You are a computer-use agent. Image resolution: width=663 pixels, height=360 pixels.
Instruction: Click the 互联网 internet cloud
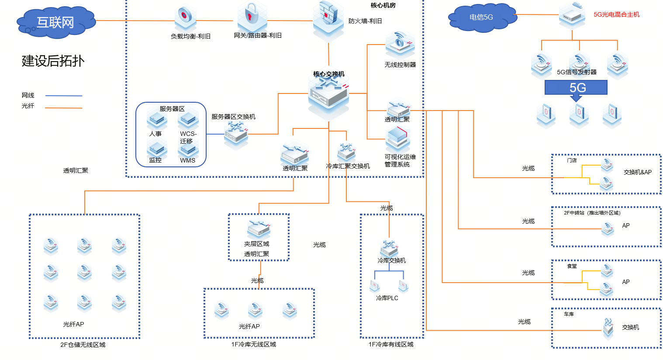point(55,22)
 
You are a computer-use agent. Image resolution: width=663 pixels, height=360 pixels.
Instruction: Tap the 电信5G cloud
point(482,17)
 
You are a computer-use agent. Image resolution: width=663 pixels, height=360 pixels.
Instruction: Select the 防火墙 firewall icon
point(328,20)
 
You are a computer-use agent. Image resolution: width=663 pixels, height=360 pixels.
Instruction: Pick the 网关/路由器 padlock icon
point(252,17)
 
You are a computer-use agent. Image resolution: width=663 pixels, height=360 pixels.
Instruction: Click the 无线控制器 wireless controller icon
point(400,45)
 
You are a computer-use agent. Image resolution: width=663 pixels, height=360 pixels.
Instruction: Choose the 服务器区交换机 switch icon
point(236,134)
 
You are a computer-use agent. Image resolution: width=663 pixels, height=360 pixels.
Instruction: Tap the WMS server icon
point(188,150)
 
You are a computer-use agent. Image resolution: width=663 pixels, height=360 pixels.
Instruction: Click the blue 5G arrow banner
point(576,89)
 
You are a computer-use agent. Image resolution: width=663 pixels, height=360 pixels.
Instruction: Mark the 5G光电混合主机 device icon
point(572,15)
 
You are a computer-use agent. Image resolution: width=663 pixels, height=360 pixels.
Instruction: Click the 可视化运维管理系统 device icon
point(397,139)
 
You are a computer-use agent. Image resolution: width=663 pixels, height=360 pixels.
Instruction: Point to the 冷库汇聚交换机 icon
point(346,152)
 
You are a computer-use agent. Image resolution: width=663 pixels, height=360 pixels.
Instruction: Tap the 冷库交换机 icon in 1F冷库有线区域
point(389,248)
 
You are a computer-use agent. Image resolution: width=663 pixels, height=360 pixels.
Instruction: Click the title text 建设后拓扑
point(53,61)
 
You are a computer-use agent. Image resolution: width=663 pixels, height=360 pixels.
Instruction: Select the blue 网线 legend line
point(64,96)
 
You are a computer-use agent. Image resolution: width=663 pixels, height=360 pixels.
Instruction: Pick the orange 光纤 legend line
point(64,107)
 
